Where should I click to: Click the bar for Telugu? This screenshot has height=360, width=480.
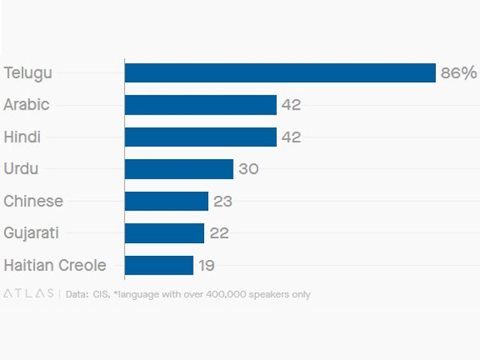(280, 73)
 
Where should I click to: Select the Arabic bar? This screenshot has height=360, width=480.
(201, 105)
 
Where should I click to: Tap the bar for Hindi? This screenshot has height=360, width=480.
(201, 137)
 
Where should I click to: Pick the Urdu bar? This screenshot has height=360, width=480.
(179, 169)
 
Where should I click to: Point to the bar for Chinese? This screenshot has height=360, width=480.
(166, 201)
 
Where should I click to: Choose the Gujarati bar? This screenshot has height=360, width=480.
(165, 233)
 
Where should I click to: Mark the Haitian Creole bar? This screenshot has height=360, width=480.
(159, 265)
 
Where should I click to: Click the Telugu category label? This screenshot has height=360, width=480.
(28, 73)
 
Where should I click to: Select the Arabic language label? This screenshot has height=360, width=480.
(26, 105)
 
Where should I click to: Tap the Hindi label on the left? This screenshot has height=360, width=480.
(22, 137)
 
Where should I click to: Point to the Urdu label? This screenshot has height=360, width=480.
(21, 169)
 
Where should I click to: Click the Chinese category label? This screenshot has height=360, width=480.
(34, 201)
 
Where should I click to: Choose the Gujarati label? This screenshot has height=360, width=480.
(31, 233)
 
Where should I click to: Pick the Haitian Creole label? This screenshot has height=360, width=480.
(55, 265)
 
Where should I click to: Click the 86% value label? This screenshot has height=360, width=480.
(458, 73)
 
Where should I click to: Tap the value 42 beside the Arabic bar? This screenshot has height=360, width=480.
(291, 105)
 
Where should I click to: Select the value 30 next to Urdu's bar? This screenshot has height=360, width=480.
(248, 169)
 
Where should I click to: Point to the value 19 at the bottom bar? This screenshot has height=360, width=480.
(206, 265)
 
